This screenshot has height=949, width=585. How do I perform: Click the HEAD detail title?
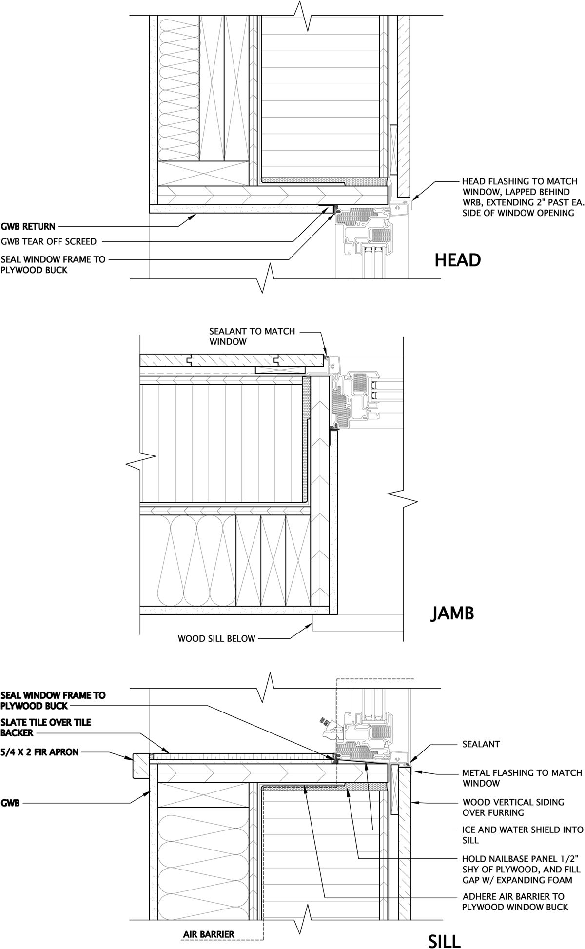coord(457,260)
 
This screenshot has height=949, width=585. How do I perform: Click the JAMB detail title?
coord(452,613)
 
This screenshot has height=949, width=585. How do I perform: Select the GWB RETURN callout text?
coord(28,226)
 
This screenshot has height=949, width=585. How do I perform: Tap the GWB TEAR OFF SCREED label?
coord(49,241)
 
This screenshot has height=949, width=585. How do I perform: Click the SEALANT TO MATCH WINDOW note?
coord(252,336)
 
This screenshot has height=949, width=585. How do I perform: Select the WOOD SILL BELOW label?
coord(216,638)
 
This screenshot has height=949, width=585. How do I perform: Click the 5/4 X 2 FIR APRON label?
coord(40,752)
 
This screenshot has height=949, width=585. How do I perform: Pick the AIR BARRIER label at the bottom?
coord(209,934)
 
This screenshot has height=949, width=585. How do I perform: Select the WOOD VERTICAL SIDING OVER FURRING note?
coord(512,807)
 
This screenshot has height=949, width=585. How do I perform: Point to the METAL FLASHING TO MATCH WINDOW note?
coord(522,778)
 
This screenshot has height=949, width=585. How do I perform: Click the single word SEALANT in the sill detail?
coord(481,744)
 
